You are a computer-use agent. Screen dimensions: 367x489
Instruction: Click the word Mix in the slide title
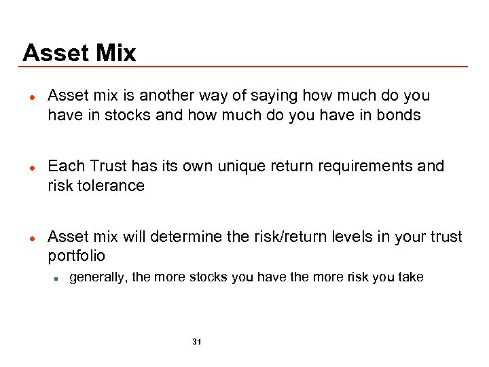[x=112, y=53]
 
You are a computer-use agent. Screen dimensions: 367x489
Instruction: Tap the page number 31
[x=196, y=341]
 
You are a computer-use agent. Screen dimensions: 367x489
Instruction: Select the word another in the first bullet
[x=157, y=96]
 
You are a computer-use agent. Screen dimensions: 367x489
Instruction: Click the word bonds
[x=399, y=115]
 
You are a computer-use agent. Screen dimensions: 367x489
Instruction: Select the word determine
[x=187, y=237]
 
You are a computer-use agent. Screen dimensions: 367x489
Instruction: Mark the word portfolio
[x=77, y=256]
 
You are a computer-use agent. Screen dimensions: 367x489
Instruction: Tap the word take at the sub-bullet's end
[x=410, y=277]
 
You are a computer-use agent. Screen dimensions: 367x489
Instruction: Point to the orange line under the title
[x=244, y=67]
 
